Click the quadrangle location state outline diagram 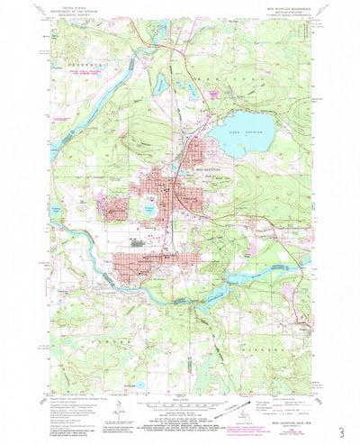coord(238,411)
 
